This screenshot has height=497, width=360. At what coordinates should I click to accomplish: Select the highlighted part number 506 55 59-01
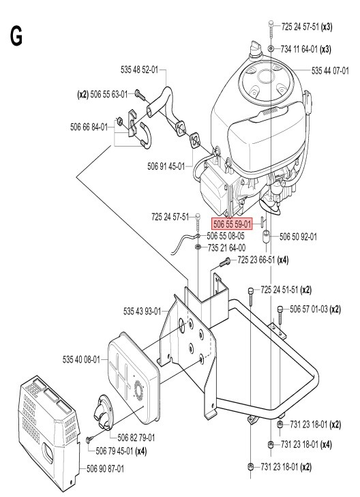click(x=232, y=223)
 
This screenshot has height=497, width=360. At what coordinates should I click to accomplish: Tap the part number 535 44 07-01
click(x=334, y=70)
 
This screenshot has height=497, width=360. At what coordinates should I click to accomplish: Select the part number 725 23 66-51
click(x=261, y=260)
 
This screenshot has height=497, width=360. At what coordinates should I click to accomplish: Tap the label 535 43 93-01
click(x=142, y=311)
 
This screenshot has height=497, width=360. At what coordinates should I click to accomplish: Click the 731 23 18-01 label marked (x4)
click(x=303, y=445)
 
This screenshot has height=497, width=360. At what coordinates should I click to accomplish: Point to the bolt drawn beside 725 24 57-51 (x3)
click(x=271, y=27)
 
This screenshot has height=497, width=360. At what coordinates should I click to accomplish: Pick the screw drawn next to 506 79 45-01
click(x=89, y=442)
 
